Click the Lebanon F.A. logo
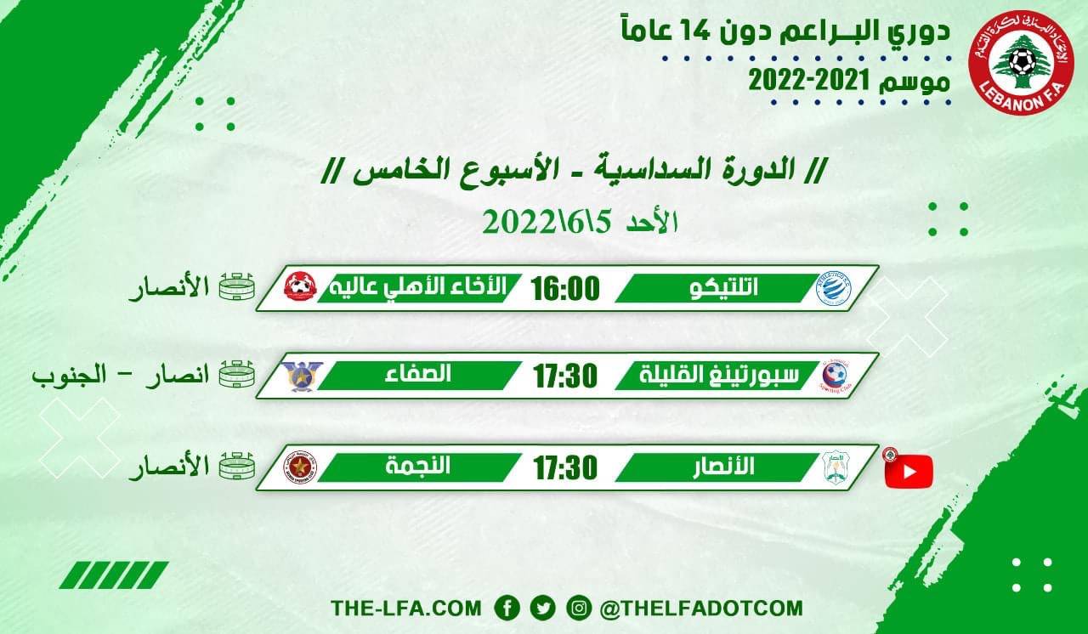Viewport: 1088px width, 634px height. (1021, 64)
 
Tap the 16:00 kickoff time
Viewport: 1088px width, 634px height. (565, 289)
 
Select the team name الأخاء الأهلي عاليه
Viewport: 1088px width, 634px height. (417, 288)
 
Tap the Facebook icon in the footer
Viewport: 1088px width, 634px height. (507, 608)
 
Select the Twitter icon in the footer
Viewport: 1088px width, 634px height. (542, 608)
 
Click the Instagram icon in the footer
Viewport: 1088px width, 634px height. (578, 608)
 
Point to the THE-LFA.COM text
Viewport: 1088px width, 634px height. (406, 609)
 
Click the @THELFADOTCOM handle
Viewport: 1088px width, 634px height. (700, 609)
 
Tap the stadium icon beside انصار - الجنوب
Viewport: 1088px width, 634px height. (237, 374)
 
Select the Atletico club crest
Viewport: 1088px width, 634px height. (832, 288)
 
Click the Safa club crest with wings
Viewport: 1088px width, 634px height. (302, 376)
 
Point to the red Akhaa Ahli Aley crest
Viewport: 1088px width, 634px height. (300, 287)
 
